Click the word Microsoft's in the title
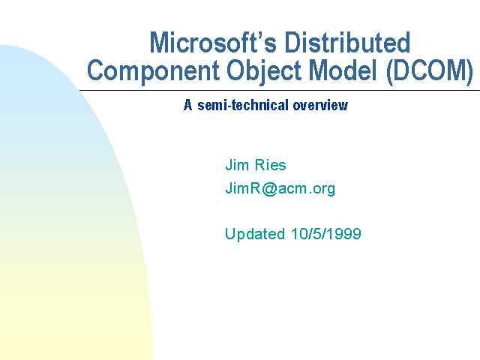[213, 43]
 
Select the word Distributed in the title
[347, 43]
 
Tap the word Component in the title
[153, 70]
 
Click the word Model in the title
[342, 70]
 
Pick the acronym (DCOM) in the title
[430, 71]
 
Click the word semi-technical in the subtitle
[243, 105]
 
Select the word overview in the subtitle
[320, 106]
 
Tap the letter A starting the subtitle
[188, 105]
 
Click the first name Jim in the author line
[237, 165]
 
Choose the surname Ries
[270, 165]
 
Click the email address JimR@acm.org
[280, 188]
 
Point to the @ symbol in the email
[269, 189]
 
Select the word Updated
[255, 234]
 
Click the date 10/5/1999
[326, 234]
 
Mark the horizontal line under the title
[280, 91]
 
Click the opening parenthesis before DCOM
[390, 72]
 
